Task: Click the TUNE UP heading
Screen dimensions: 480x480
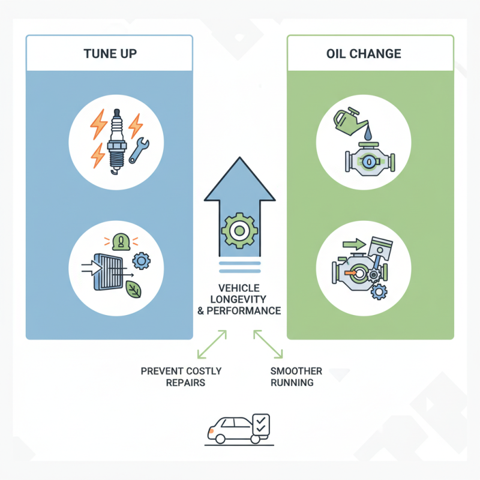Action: [x=110, y=53]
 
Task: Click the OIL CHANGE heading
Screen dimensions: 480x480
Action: [x=364, y=53]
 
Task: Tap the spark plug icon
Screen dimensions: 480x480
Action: [x=116, y=142]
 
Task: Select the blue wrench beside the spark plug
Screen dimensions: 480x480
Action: [x=139, y=151]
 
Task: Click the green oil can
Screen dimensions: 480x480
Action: [x=349, y=121]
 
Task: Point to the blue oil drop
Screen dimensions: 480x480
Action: [x=368, y=134]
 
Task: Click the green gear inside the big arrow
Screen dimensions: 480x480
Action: [x=239, y=230]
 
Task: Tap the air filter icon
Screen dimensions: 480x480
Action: [x=108, y=272]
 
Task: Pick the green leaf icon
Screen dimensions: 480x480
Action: [x=133, y=289]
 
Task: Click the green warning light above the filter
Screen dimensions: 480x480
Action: [x=121, y=241]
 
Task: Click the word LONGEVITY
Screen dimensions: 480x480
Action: [x=238, y=299]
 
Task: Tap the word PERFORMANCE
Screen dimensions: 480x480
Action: [x=244, y=311]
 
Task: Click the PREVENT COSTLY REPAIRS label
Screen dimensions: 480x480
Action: [x=181, y=377]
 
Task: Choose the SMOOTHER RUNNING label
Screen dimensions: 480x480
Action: [x=296, y=377]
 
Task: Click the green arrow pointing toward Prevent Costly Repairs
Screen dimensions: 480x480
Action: [x=212, y=344]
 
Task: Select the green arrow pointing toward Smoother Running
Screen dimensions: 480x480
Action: [x=268, y=344]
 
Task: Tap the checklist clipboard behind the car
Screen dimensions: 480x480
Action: [x=261, y=424]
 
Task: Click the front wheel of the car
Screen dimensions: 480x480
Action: [x=220, y=439]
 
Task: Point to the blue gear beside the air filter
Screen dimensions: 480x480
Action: [x=141, y=261]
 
